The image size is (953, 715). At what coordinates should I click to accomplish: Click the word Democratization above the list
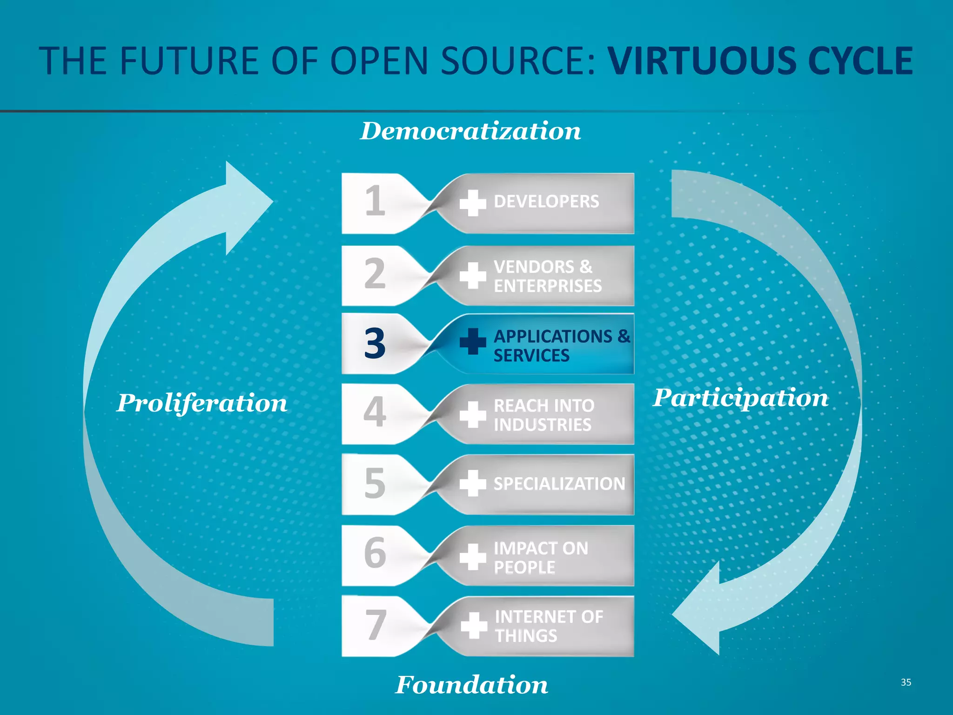click(x=470, y=131)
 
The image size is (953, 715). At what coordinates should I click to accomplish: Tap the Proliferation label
click(x=202, y=403)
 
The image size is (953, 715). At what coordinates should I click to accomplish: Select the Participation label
click(x=740, y=398)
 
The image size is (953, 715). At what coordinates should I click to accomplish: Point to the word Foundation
click(x=471, y=685)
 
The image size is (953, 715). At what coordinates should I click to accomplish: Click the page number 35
click(x=906, y=682)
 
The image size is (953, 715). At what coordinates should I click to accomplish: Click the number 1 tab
click(x=375, y=202)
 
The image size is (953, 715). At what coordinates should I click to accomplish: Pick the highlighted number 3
click(x=375, y=344)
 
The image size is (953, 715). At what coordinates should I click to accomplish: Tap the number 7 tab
click(x=375, y=625)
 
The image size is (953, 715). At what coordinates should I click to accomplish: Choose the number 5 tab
click(x=375, y=484)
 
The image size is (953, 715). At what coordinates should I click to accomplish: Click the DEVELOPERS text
click(x=546, y=202)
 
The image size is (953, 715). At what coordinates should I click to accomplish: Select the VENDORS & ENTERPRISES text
click(x=547, y=276)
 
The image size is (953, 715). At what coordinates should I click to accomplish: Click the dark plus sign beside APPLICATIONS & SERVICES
click(x=473, y=341)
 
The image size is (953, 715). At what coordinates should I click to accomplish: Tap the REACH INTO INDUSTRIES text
click(x=544, y=415)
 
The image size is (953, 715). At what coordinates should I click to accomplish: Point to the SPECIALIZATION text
click(x=559, y=484)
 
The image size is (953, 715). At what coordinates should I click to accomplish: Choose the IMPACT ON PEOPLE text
click(x=540, y=557)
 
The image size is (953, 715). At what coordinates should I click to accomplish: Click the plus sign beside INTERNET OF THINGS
click(x=474, y=625)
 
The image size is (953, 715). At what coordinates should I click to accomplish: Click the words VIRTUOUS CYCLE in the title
click(x=760, y=61)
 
